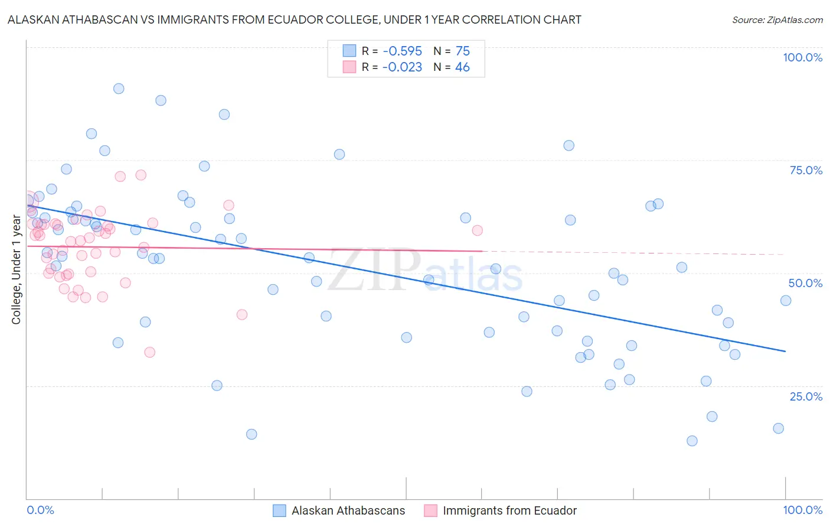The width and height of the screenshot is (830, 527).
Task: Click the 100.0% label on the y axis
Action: pos(802,57)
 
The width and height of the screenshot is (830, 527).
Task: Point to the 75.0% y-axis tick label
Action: pos(806,170)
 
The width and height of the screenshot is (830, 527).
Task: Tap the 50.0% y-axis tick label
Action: pos(805,283)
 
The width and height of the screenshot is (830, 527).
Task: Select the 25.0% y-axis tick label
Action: pos(806,396)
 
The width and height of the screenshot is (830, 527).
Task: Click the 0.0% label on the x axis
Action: pos(40,510)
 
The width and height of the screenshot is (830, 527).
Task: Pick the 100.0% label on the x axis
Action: pos(802,510)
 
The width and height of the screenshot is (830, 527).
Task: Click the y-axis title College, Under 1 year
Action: pos(17,269)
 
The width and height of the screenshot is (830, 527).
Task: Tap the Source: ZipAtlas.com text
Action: pos(777,19)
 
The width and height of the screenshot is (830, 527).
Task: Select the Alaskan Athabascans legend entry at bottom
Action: pos(348,510)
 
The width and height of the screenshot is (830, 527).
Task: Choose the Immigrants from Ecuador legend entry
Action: pos(509,510)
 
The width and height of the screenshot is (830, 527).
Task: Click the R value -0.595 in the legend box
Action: pos(402,51)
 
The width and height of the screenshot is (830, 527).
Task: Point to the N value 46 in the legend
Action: pos(462,67)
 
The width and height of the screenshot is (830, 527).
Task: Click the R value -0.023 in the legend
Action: pos(402,67)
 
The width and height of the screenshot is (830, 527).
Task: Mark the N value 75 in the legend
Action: pos(462,51)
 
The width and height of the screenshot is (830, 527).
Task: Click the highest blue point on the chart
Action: pos(119,89)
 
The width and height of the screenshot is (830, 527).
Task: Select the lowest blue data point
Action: pos(692,441)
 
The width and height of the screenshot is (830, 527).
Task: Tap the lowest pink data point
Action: pos(150,352)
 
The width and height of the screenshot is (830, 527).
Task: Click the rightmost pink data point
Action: pos(477,230)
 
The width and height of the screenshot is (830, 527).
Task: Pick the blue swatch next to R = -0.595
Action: pos(349,51)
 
